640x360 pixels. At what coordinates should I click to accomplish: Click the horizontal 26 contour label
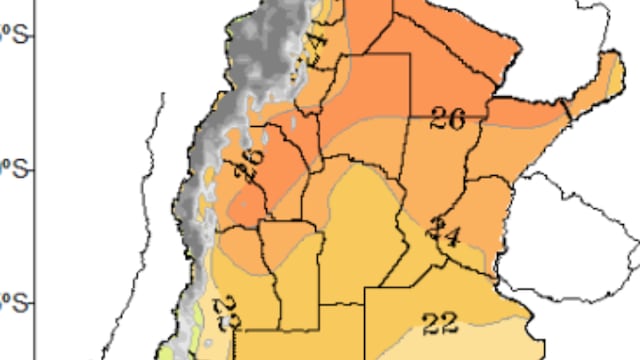[447, 119]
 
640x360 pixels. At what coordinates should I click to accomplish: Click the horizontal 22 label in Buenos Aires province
[439, 322]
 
